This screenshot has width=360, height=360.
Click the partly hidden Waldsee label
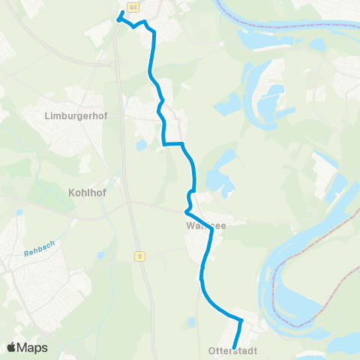(x=205, y=223)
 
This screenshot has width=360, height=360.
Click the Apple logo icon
(x=13, y=347)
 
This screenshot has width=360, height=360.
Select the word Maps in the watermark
(x=33, y=347)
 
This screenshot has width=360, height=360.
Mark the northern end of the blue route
(x=121, y=13)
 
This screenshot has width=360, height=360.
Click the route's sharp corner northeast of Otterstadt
(x=241, y=321)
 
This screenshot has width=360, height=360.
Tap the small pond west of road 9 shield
(x=100, y=256)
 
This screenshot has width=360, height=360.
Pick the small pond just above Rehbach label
(x=19, y=212)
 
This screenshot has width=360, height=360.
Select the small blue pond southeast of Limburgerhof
(x=142, y=145)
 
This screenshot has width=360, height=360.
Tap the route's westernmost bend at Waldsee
(x=187, y=211)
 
